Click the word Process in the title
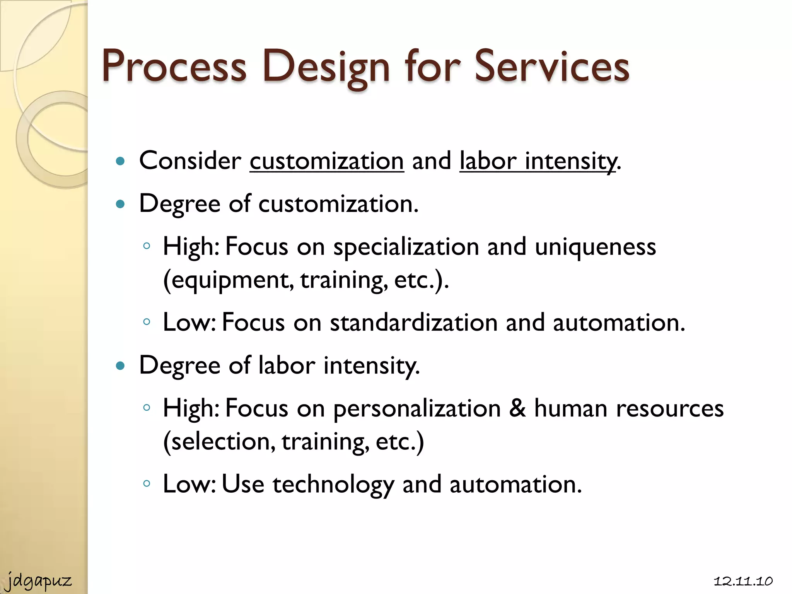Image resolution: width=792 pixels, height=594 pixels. [174, 67]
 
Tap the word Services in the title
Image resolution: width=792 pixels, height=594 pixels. [552, 67]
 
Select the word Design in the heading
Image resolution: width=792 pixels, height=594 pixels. [326, 67]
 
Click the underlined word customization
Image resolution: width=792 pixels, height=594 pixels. [327, 161]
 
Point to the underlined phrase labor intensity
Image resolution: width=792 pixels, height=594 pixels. [538, 161]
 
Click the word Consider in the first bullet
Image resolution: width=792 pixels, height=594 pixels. [190, 160]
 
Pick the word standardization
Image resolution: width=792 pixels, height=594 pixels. [413, 323]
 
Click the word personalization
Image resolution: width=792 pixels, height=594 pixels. [417, 409]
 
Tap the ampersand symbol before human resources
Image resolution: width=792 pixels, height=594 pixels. [517, 408]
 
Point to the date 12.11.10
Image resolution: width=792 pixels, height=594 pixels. [743, 581]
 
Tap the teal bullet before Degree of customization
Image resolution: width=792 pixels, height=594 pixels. [121, 204]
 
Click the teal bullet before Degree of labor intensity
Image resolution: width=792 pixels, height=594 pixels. [121, 365]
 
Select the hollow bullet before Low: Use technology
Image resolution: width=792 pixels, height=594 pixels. [146, 483]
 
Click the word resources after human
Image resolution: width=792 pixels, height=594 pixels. [669, 409]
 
